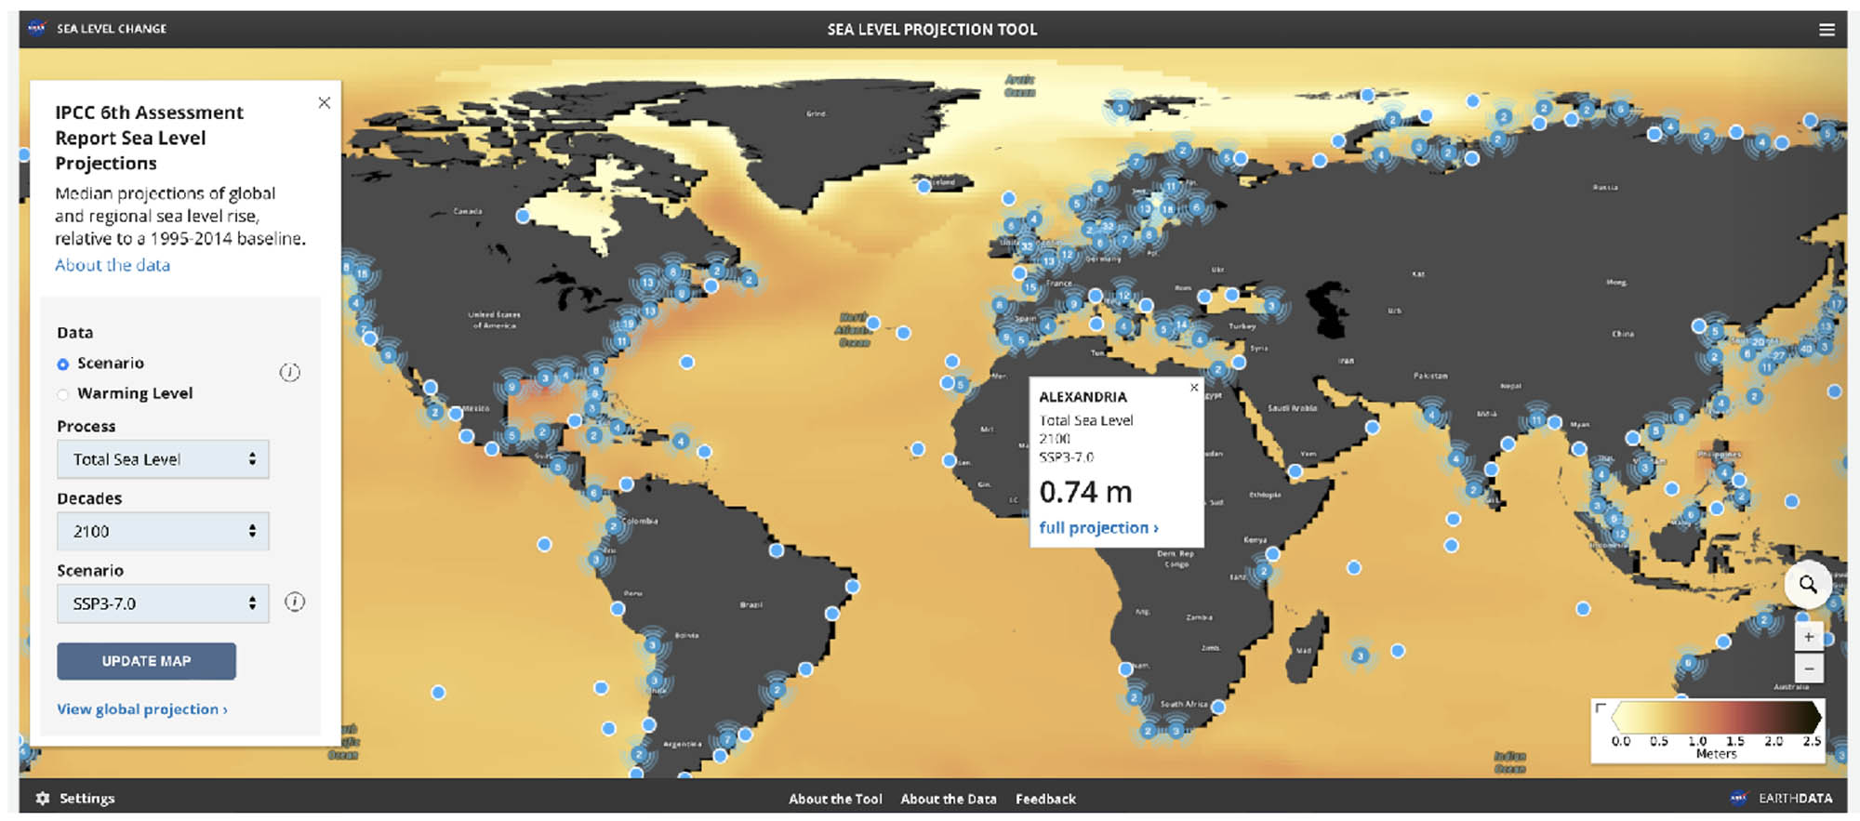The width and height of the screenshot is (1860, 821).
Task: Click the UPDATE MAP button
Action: [x=146, y=661]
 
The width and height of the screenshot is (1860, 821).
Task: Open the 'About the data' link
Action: [x=113, y=265]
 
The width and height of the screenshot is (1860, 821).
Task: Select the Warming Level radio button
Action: [x=63, y=394]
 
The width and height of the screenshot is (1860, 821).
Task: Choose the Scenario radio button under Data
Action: [x=63, y=364]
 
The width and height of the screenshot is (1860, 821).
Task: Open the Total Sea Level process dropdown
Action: [x=163, y=459]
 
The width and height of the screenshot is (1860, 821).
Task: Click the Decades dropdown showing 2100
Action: [x=163, y=531]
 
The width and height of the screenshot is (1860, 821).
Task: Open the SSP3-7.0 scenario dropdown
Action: [x=163, y=603]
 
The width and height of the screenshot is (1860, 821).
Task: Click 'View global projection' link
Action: [x=141, y=709]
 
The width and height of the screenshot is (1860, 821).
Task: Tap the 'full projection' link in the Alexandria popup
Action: [x=1097, y=528]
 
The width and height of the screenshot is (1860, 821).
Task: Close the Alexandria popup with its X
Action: [x=1194, y=388]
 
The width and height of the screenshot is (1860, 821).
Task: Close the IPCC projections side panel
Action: [x=324, y=103]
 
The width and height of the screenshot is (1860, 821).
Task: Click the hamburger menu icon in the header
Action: [x=1827, y=30]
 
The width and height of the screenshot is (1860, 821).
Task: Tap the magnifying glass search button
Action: [x=1807, y=584]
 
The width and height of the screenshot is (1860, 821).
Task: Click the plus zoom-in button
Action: [x=1808, y=637]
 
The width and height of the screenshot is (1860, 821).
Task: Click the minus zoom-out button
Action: [x=1808, y=668]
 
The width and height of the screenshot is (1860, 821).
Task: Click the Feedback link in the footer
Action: [x=1045, y=799]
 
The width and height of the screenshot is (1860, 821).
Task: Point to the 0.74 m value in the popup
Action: [x=1085, y=492]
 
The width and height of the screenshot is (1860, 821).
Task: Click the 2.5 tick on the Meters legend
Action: [x=1812, y=741]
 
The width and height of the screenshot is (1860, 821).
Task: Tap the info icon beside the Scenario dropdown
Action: [x=295, y=603]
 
